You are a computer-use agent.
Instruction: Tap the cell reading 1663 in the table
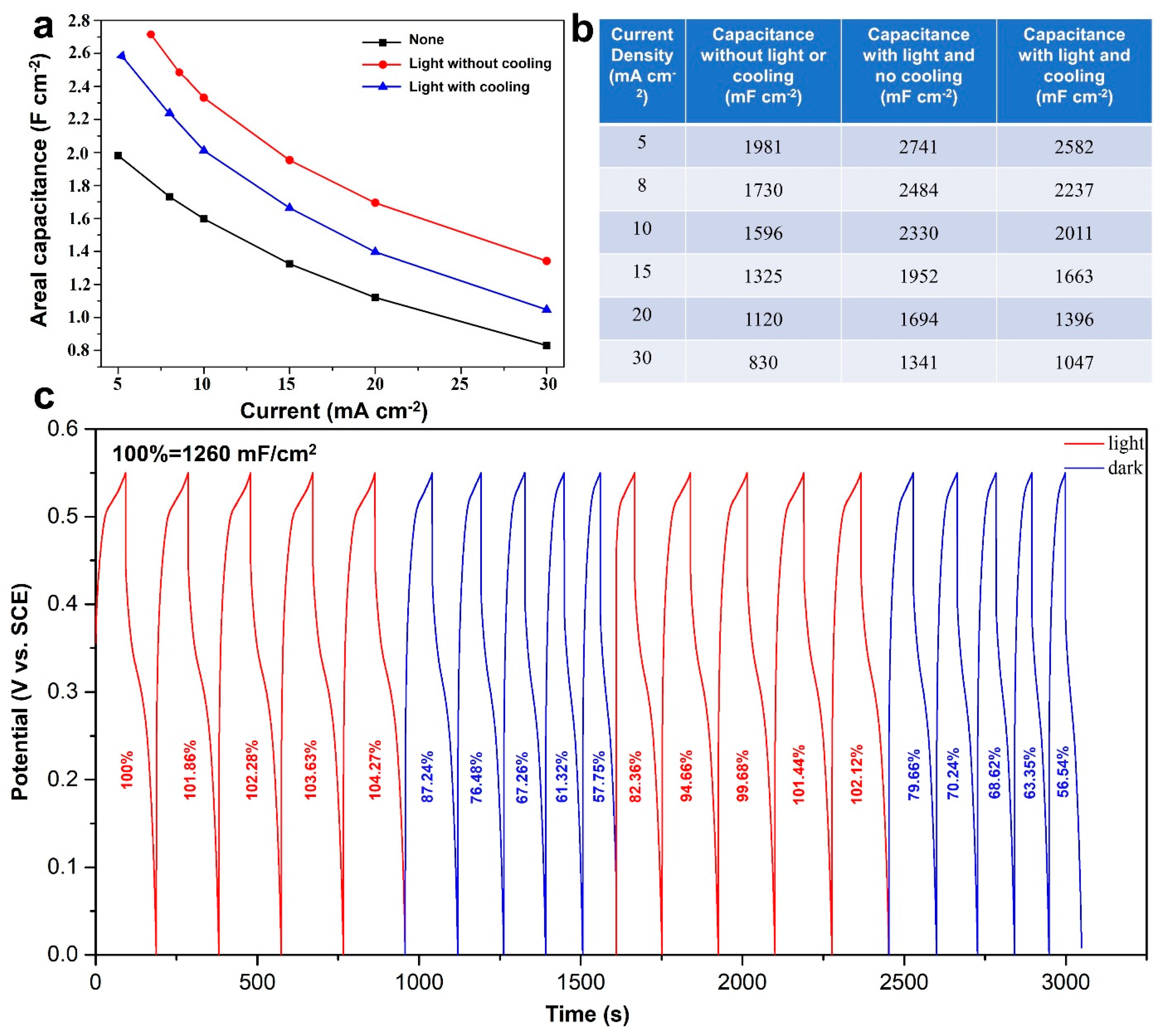(x=1074, y=276)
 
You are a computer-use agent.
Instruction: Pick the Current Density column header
(x=642, y=66)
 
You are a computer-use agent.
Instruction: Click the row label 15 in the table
(x=642, y=272)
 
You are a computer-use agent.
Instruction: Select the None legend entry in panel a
(x=426, y=40)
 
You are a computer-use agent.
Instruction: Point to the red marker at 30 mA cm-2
(x=546, y=261)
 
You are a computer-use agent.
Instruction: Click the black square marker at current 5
(x=118, y=156)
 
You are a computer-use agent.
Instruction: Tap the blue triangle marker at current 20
(x=375, y=251)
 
